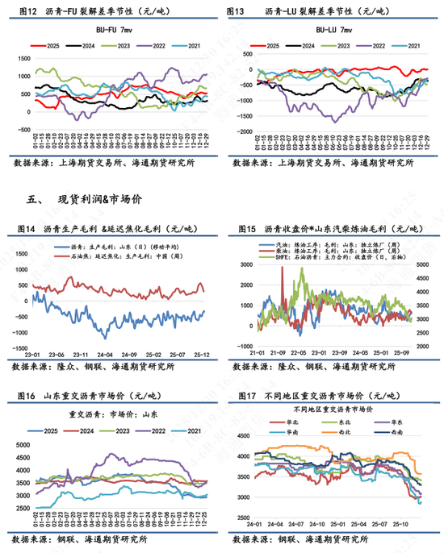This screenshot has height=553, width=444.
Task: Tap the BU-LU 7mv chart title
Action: point(330,30)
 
